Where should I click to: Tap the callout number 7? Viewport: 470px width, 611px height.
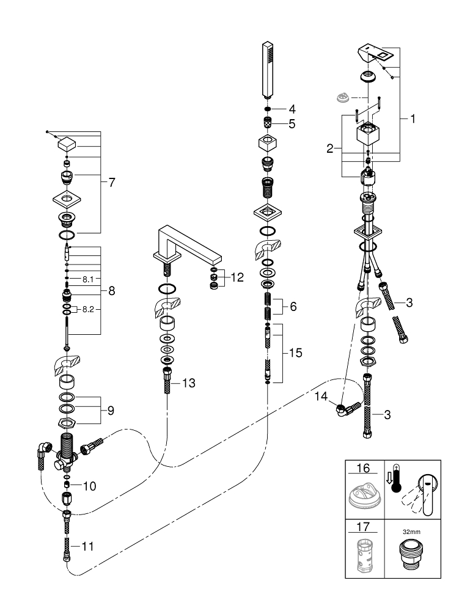112,182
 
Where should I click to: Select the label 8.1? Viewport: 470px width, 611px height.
89,279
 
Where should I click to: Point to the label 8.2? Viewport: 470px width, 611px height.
89,310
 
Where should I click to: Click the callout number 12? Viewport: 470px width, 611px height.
237,277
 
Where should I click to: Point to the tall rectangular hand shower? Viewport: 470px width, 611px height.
268,68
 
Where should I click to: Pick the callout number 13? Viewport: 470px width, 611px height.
188,383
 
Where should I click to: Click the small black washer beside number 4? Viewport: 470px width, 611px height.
267,109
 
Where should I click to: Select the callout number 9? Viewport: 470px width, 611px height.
110,411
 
